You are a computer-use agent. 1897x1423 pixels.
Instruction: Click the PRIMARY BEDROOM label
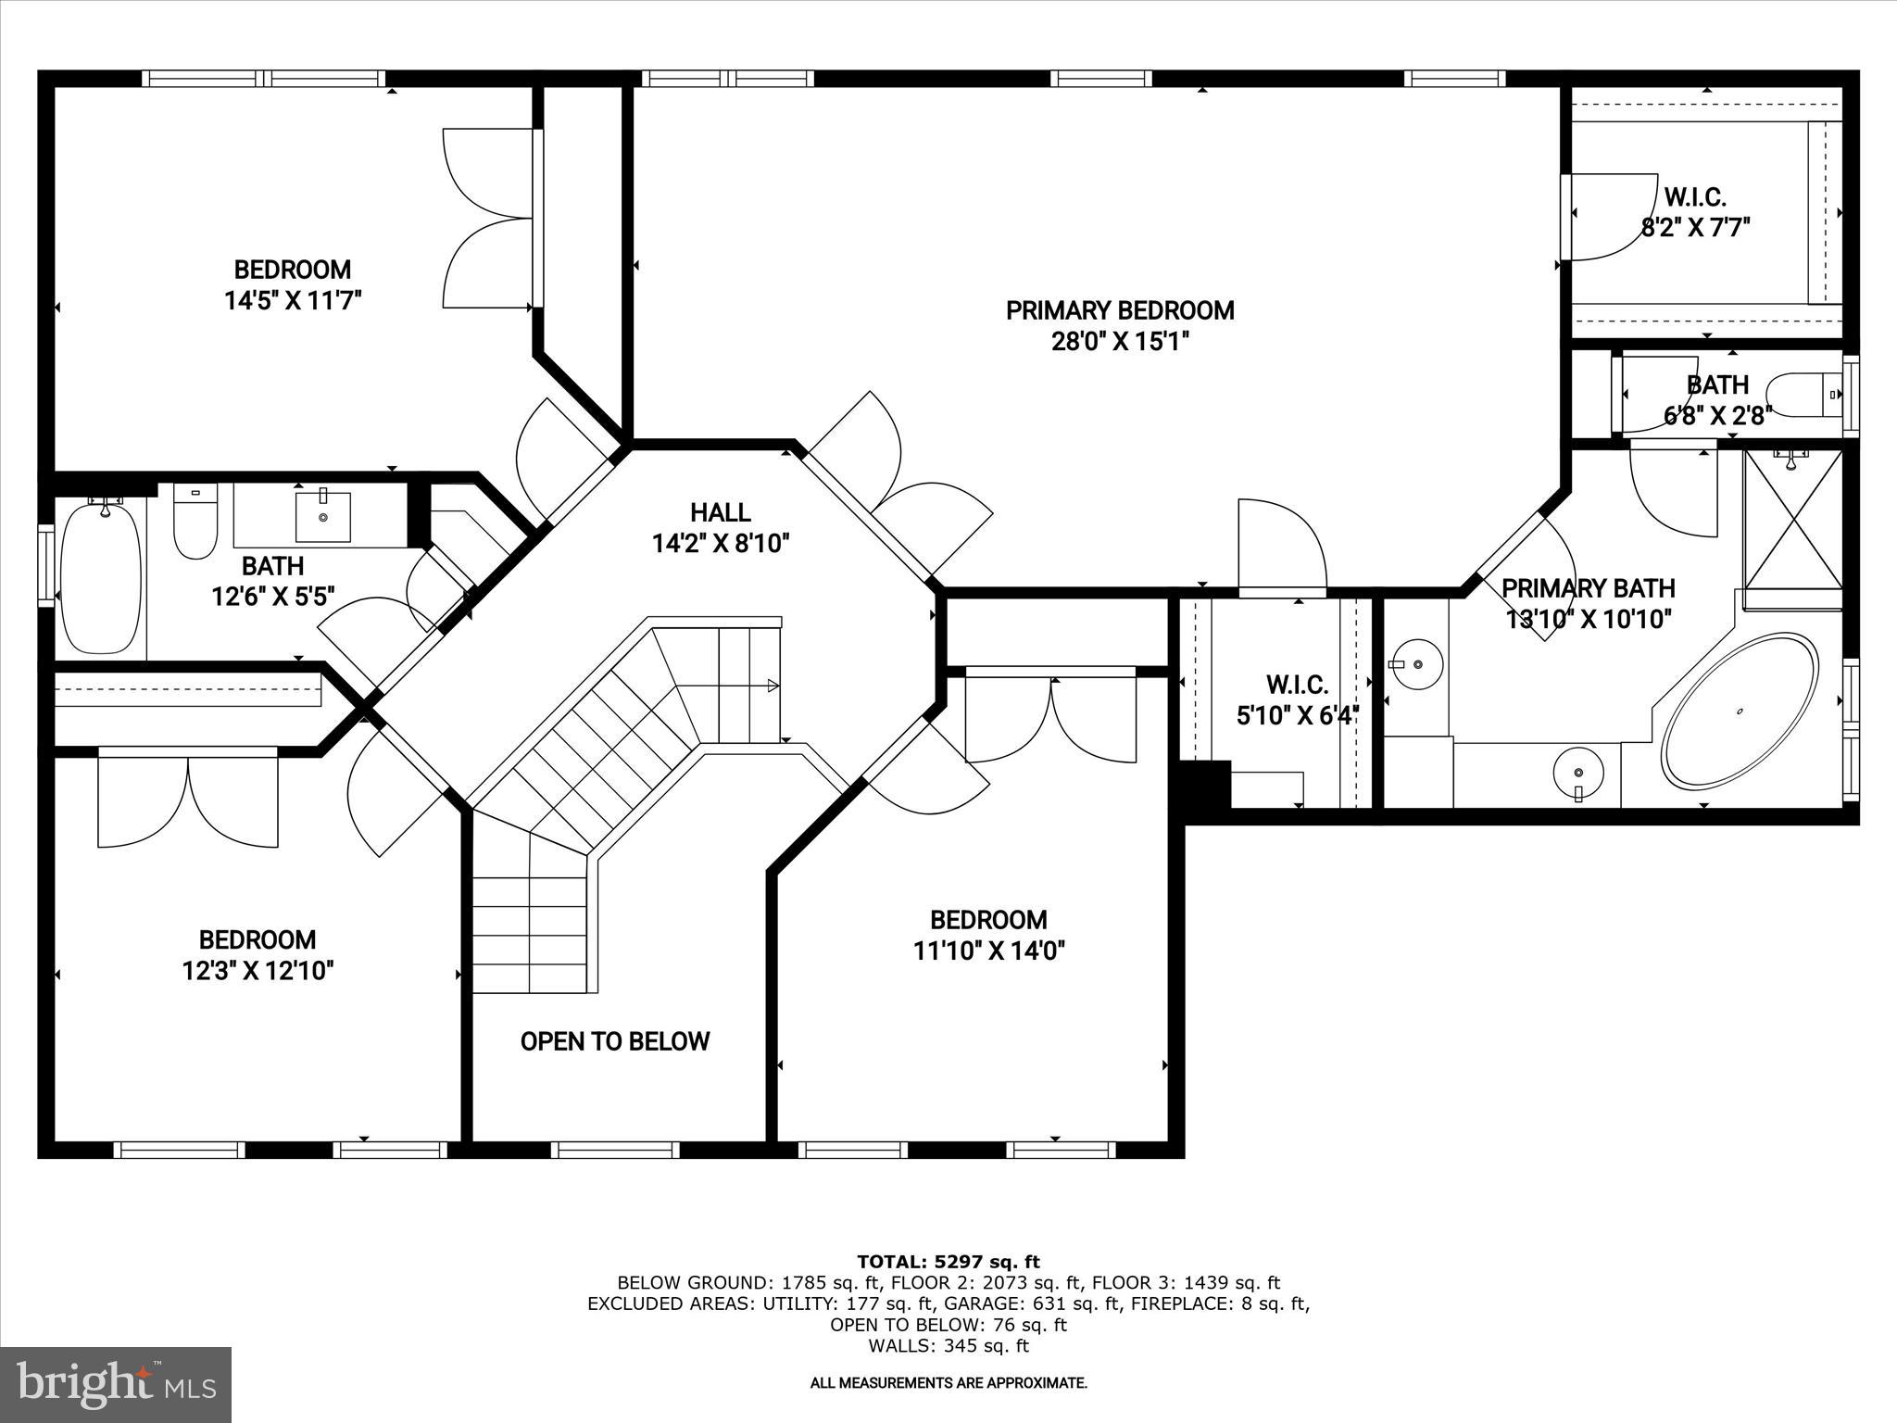tap(1120, 310)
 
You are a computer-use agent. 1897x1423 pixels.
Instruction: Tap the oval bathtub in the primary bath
tap(1740, 711)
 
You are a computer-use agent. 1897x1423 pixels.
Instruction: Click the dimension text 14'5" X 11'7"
tap(292, 300)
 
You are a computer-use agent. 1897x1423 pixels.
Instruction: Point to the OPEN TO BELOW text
tap(615, 1041)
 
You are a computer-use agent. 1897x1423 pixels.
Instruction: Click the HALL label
tap(720, 512)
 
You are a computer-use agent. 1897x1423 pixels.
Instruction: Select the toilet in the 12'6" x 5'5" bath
tap(195, 523)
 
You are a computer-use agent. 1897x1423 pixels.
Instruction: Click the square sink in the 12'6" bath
tap(323, 517)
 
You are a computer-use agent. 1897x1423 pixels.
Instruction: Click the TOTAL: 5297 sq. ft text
tap(948, 1262)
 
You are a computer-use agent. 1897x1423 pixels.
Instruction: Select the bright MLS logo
tap(116, 1384)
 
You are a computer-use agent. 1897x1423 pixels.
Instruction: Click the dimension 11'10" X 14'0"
tap(988, 951)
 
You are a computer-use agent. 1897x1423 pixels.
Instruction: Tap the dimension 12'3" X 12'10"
tap(258, 971)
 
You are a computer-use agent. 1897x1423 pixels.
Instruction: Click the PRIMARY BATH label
tap(1588, 588)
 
